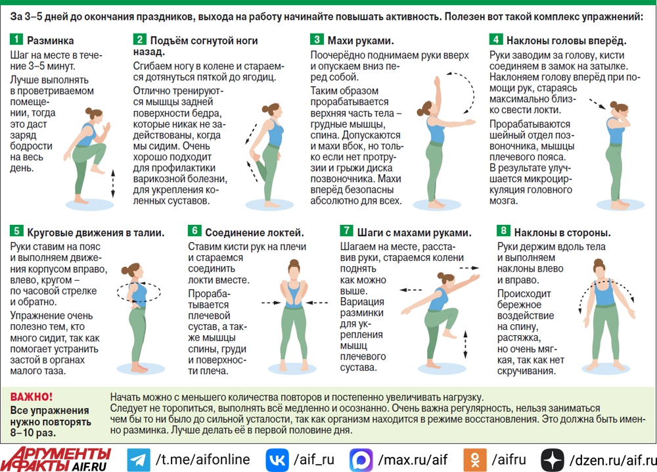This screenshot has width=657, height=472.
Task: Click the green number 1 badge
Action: click(x=16, y=39)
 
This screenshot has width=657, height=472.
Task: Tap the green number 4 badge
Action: click(x=495, y=39)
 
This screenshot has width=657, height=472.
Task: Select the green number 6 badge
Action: click(x=194, y=231)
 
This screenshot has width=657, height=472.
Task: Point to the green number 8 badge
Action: click(x=503, y=231)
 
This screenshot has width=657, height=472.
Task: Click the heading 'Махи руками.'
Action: click(x=361, y=41)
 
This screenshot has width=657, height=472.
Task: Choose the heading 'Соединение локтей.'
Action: click(x=254, y=233)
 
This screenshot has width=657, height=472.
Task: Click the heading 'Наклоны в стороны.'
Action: click(x=562, y=233)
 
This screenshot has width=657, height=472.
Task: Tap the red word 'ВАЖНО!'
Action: click(x=32, y=396)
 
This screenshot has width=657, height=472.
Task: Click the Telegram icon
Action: click(x=138, y=460)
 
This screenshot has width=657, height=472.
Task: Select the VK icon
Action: click(x=277, y=460)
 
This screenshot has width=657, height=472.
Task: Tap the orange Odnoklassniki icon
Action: click(x=475, y=460)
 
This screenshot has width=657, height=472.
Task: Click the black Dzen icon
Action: click(x=553, y=460)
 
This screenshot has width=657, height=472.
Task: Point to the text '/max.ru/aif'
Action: click(x=413, y=460)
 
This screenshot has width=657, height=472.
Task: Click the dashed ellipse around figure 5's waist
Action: click(x=139, y=282)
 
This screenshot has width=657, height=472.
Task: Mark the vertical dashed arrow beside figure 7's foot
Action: click(x=465, y=344)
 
